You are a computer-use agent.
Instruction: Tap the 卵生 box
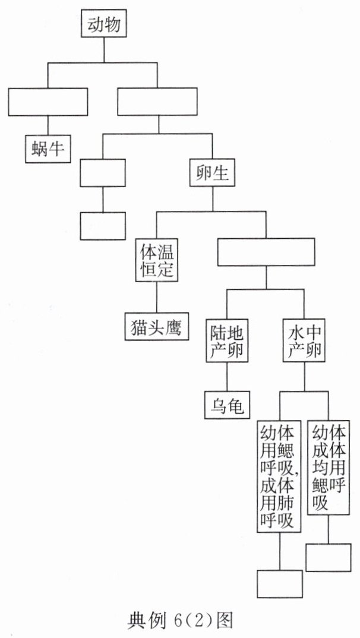pyautogui.click(x=212, y=172)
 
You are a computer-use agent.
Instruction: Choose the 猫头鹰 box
pyautogui.click(x=157, y=326)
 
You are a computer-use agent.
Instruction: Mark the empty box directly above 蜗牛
pyautogui.click(x=48, y=102)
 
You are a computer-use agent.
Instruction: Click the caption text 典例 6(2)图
pyautogui.click(x=179, y=620)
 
